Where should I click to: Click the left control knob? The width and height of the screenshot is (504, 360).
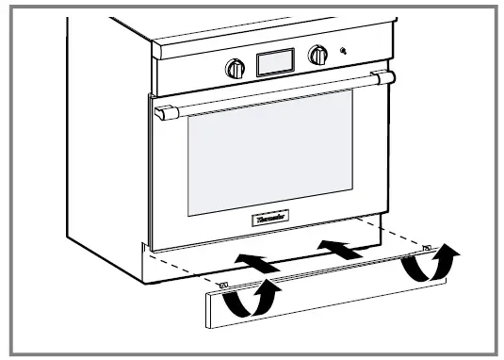[234, 67]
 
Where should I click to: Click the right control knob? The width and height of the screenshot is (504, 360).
[320, 56]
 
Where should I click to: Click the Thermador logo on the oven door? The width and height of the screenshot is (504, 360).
[272, 218]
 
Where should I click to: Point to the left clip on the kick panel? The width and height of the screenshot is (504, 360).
[223, 286]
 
